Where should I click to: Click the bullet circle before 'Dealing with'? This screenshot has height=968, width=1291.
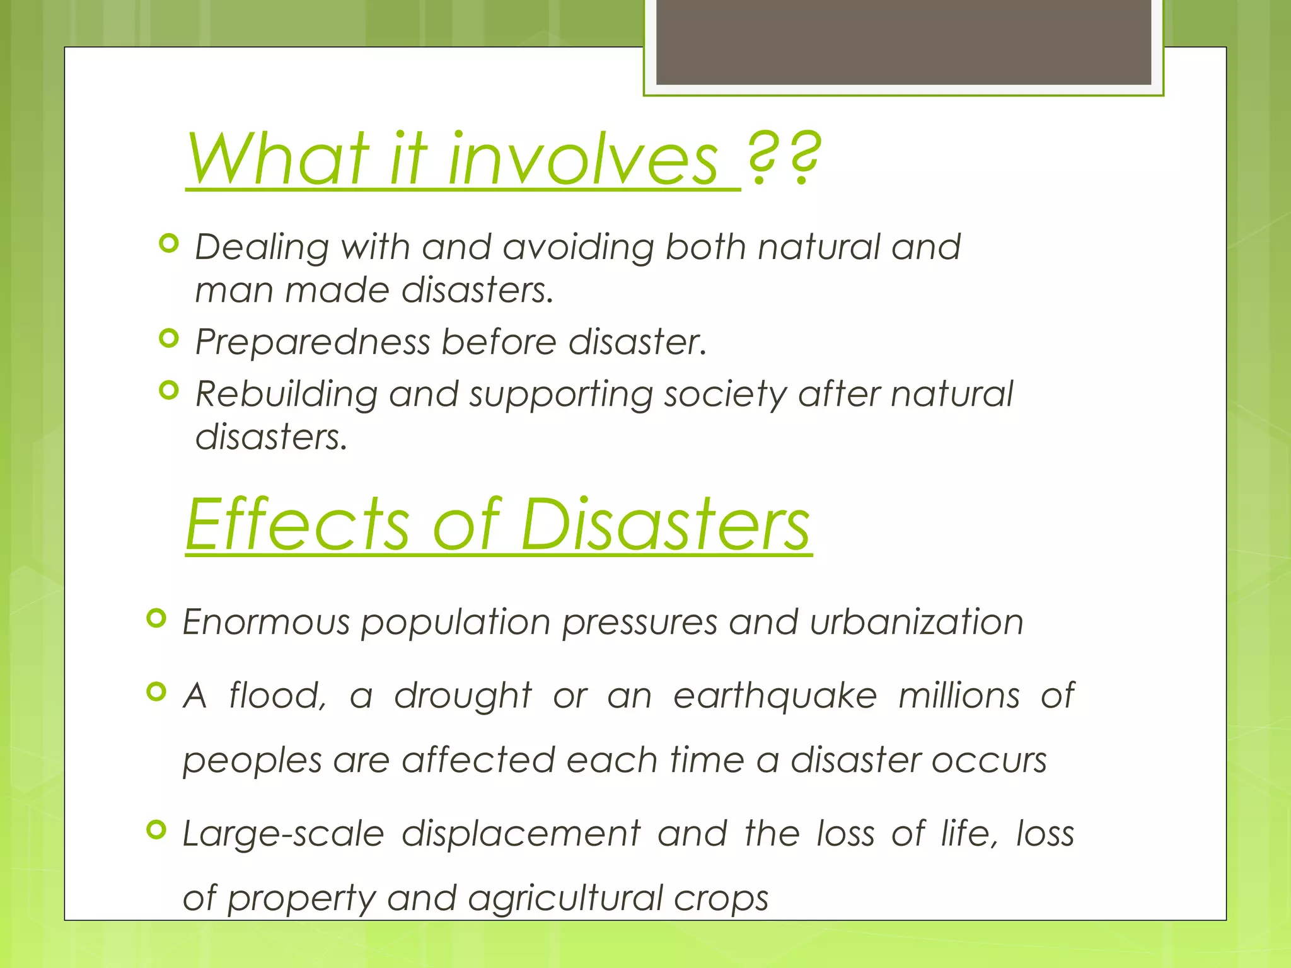[x=169, y=243]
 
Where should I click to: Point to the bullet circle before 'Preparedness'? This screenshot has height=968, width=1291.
[x=169, y=338]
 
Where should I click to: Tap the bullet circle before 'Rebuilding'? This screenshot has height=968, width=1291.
[x=169, y=391]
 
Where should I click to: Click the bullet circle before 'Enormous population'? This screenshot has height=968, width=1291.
[x=156, y=618]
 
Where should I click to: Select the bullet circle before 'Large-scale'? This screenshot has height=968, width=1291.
[x=156, y=830]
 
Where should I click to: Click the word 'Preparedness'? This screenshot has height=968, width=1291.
[x=313, y=342]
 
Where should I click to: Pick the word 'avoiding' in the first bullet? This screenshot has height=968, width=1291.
[x=579, y=246]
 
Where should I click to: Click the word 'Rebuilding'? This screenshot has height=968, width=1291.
[x=286, y=395]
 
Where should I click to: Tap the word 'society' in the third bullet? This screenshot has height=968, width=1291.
[x=726, y=395]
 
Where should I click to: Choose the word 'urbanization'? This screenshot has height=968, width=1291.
[x=917, y=622]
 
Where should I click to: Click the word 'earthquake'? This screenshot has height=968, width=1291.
[x=775, y=696]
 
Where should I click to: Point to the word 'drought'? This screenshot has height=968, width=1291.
[x=463, y=696]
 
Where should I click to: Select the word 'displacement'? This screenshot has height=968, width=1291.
[x=521, y=834]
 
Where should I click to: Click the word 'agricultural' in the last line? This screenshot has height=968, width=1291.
[x=565, y=898]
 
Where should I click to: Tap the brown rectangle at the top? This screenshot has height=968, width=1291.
[x=903, y=42]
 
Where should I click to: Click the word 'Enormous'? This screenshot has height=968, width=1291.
[x=265, y=622]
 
